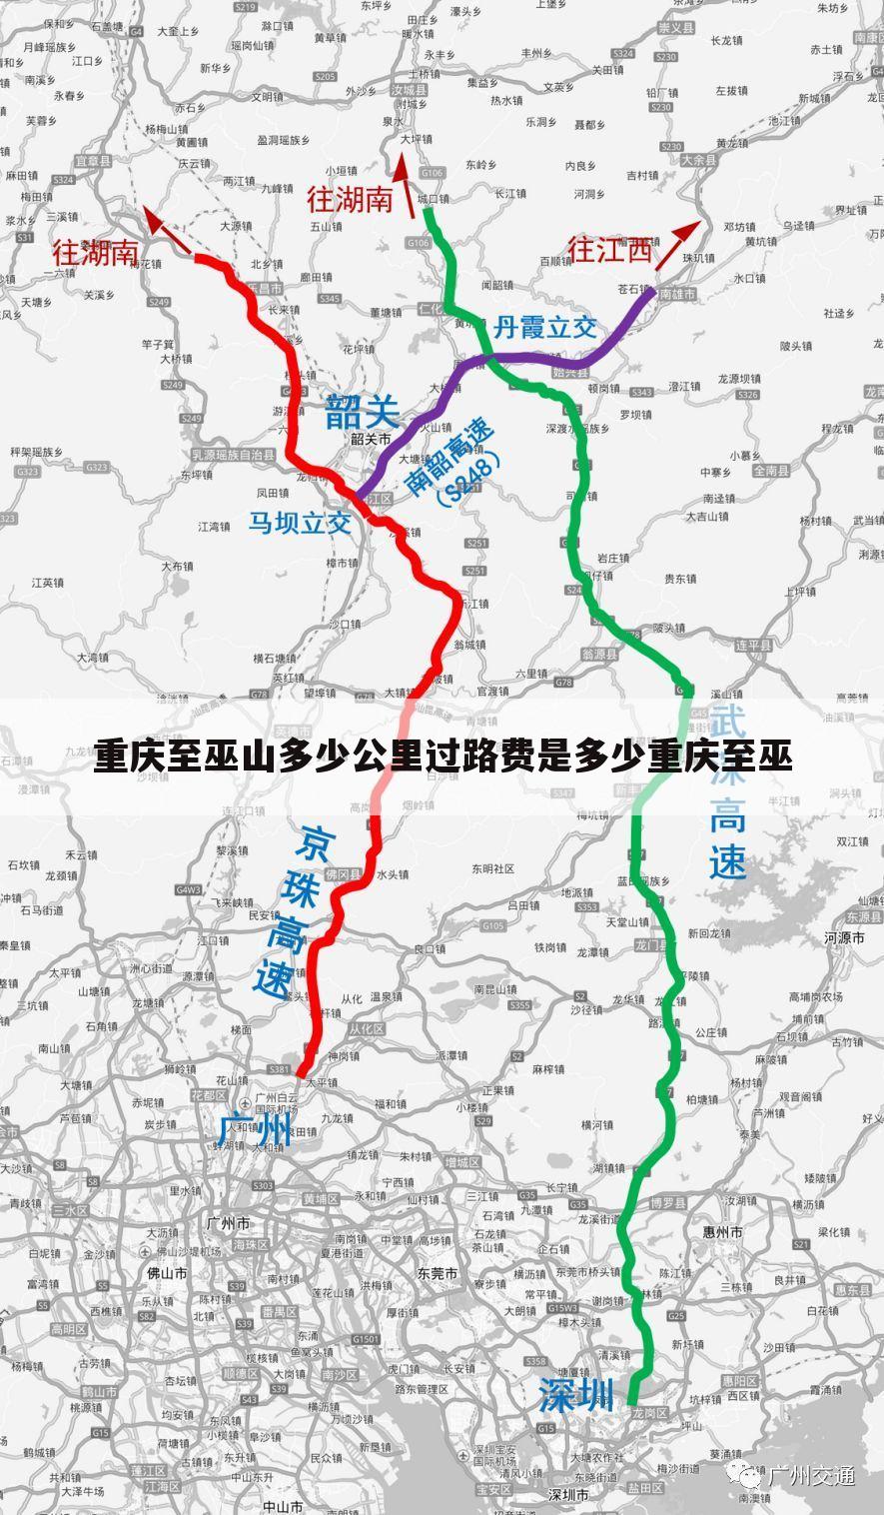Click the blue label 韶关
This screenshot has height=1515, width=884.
pos(362,411)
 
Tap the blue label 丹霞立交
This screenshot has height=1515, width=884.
pos(544,327)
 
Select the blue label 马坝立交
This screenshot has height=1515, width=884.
pos(300,522)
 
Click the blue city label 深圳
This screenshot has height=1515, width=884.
pos(576,1395)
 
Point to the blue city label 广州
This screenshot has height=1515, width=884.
pos(256,1130)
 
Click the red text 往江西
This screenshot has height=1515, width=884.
pos(609,249)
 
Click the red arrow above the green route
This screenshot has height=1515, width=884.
pos(405,184)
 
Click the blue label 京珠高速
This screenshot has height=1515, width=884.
pos(290,909)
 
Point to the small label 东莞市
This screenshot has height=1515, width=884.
pos(438,1273)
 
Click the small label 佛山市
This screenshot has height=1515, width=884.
pos(168,1273)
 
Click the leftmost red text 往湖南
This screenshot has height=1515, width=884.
pos(96,252)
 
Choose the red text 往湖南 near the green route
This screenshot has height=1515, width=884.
pos(350,199)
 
